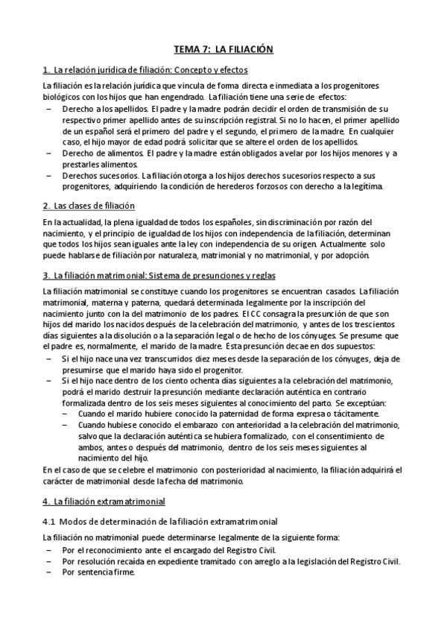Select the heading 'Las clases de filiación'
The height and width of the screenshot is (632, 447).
[89, 205]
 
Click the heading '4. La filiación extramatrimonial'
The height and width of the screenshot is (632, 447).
[104, 501]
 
